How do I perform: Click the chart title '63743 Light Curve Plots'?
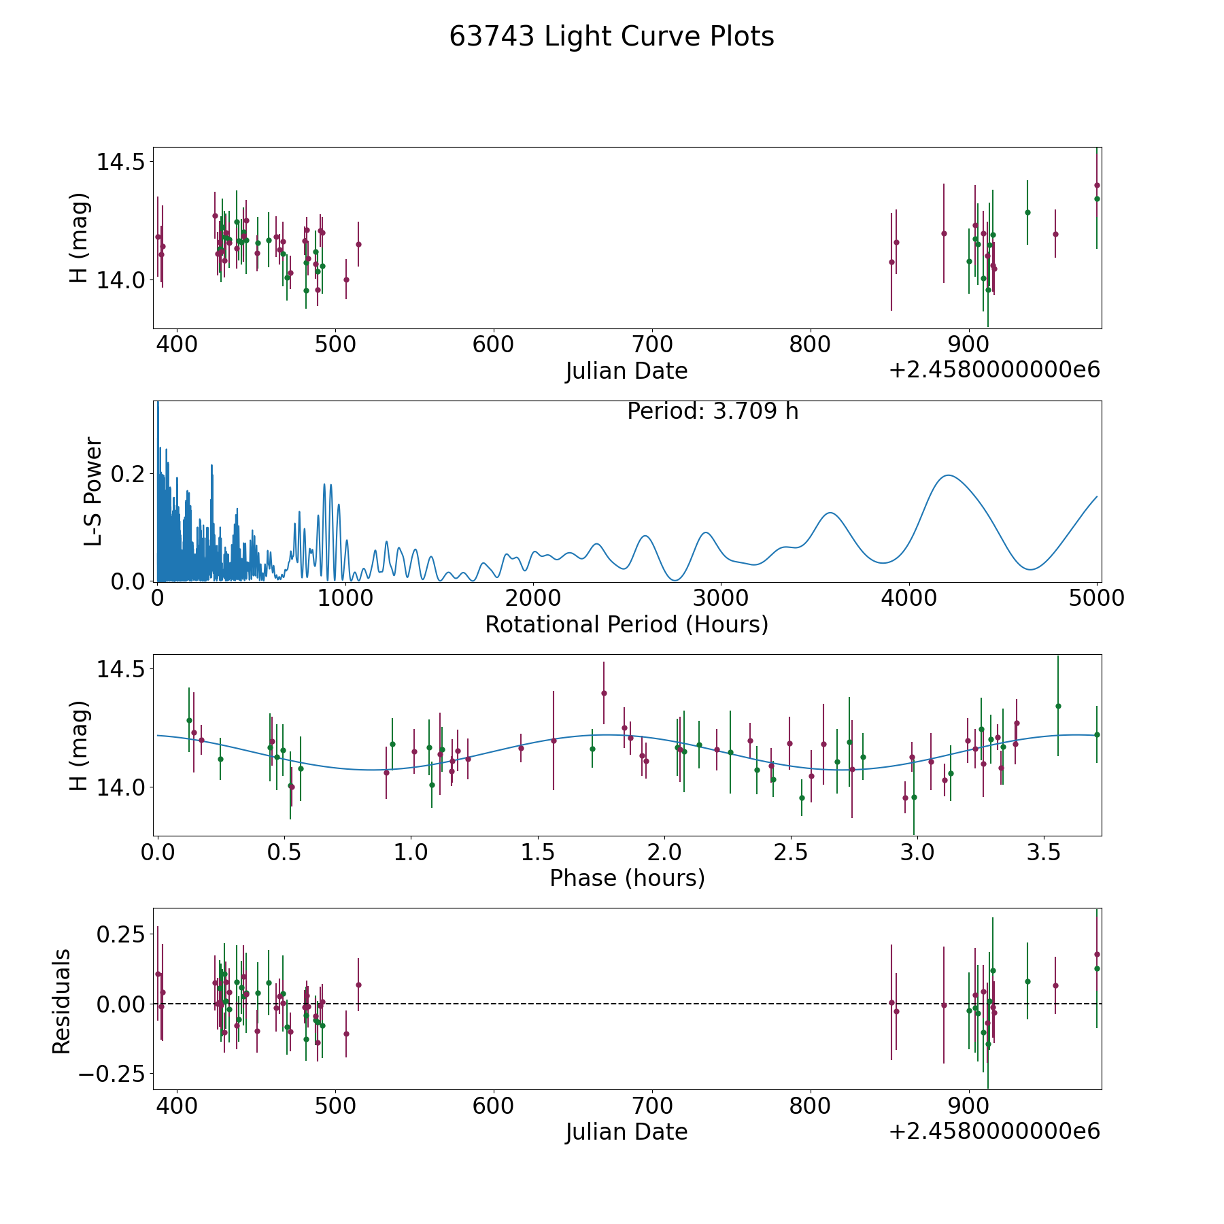tap(611, 37)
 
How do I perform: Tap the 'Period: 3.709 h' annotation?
tap(713, 411)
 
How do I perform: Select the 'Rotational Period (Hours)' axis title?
tap(626, 624)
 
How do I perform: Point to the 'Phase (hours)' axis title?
tap(627, 879)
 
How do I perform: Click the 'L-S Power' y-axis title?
tap(94, 492)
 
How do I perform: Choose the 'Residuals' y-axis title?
tap(61, 1001)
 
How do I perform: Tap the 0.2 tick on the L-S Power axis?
tap(129, 474)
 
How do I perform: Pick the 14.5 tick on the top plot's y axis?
tap(121, 163)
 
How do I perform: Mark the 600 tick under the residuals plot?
tap(494, 1106)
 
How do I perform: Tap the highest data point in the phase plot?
tap(603, 693)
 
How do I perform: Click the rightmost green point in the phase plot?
tap(1096, 734)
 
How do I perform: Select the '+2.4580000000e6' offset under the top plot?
tap(994, 371)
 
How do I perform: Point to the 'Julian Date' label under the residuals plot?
tap(626, 1132)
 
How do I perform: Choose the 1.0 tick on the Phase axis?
tap(411, 852)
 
